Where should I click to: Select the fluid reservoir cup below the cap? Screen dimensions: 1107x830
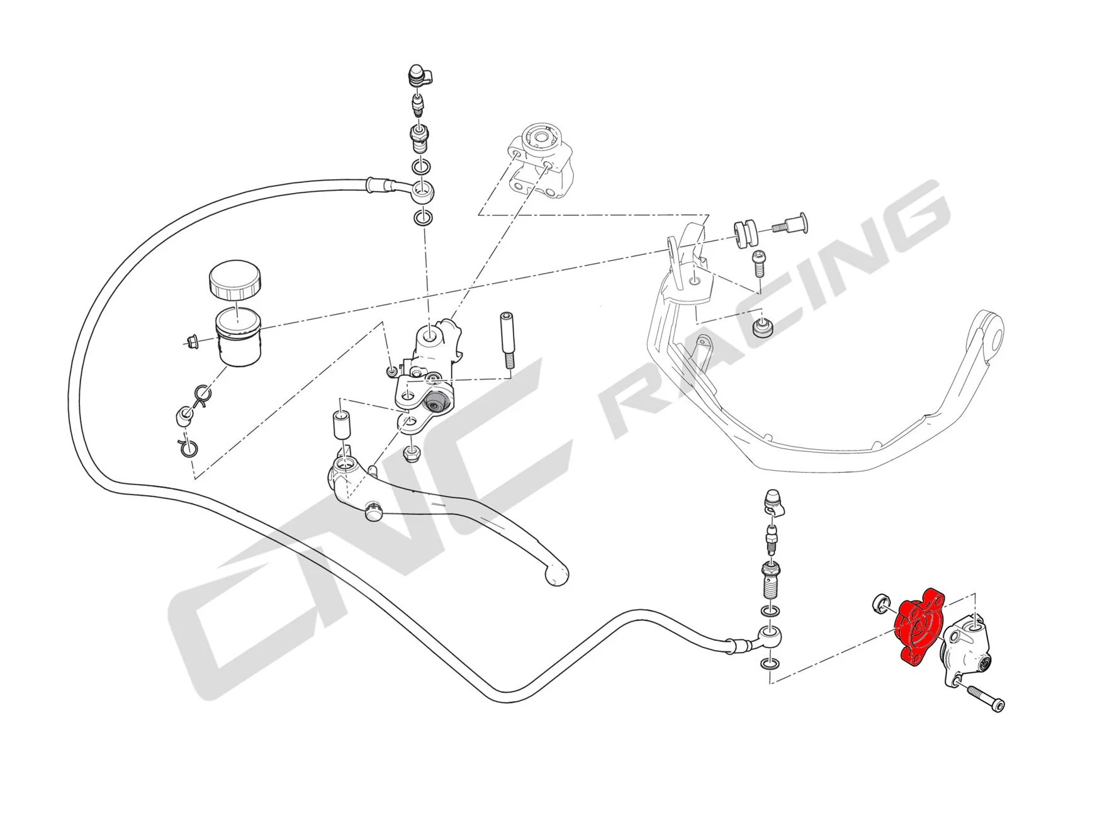[238, 337]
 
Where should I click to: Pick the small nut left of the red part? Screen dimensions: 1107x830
[880, 604]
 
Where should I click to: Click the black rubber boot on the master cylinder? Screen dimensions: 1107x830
[436, 401]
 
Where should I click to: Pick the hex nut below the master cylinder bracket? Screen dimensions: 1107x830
[413, 452]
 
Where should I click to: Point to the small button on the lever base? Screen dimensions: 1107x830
[373, 509]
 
